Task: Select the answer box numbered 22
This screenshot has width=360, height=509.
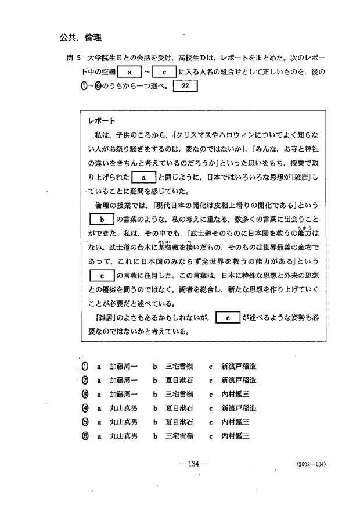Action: click(x=186, y=86)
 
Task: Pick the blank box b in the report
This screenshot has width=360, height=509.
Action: click(x=101, y=219)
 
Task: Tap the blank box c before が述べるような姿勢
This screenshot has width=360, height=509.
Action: click(x=228, y=318)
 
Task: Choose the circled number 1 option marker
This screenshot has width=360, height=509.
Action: click(x=85, y=367)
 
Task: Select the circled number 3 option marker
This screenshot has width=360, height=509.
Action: click(x=85, y=394)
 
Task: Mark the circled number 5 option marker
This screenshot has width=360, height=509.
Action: click(x=85, y=422)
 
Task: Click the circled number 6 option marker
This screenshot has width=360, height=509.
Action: click(x=85, y=435)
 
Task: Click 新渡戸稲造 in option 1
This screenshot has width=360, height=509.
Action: click(x=238, y=367)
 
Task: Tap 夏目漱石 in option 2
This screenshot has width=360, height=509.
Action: click(x=179, y=381)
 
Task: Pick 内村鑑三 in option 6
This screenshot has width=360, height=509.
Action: click(x=235, y=435)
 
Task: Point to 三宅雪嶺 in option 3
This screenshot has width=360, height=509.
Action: click(x=179, y=394)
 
